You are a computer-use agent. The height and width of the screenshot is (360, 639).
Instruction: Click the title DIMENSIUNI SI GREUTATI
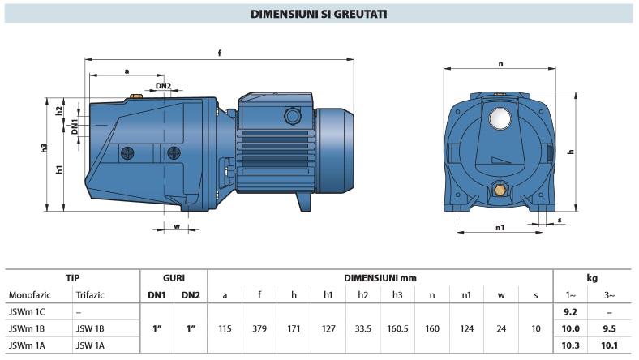point(319,14)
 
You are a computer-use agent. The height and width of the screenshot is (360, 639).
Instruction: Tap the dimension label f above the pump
point(221,54)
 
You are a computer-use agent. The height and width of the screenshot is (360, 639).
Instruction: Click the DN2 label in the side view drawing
point(163,85)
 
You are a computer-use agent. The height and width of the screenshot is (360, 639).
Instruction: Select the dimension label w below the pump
point(176,226)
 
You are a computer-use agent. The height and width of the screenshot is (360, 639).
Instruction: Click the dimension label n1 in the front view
point(500,228)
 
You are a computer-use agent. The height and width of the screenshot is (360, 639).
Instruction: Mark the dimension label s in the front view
point(560,220)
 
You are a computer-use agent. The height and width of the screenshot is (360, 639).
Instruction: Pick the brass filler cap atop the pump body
point(135,99)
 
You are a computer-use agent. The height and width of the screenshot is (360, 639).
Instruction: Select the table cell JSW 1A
point(90,346)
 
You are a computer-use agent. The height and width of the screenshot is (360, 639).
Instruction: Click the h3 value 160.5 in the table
point(397,328)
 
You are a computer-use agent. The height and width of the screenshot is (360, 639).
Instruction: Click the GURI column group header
point(174,277)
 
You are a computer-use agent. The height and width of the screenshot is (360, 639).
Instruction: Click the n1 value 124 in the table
point(467,328)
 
